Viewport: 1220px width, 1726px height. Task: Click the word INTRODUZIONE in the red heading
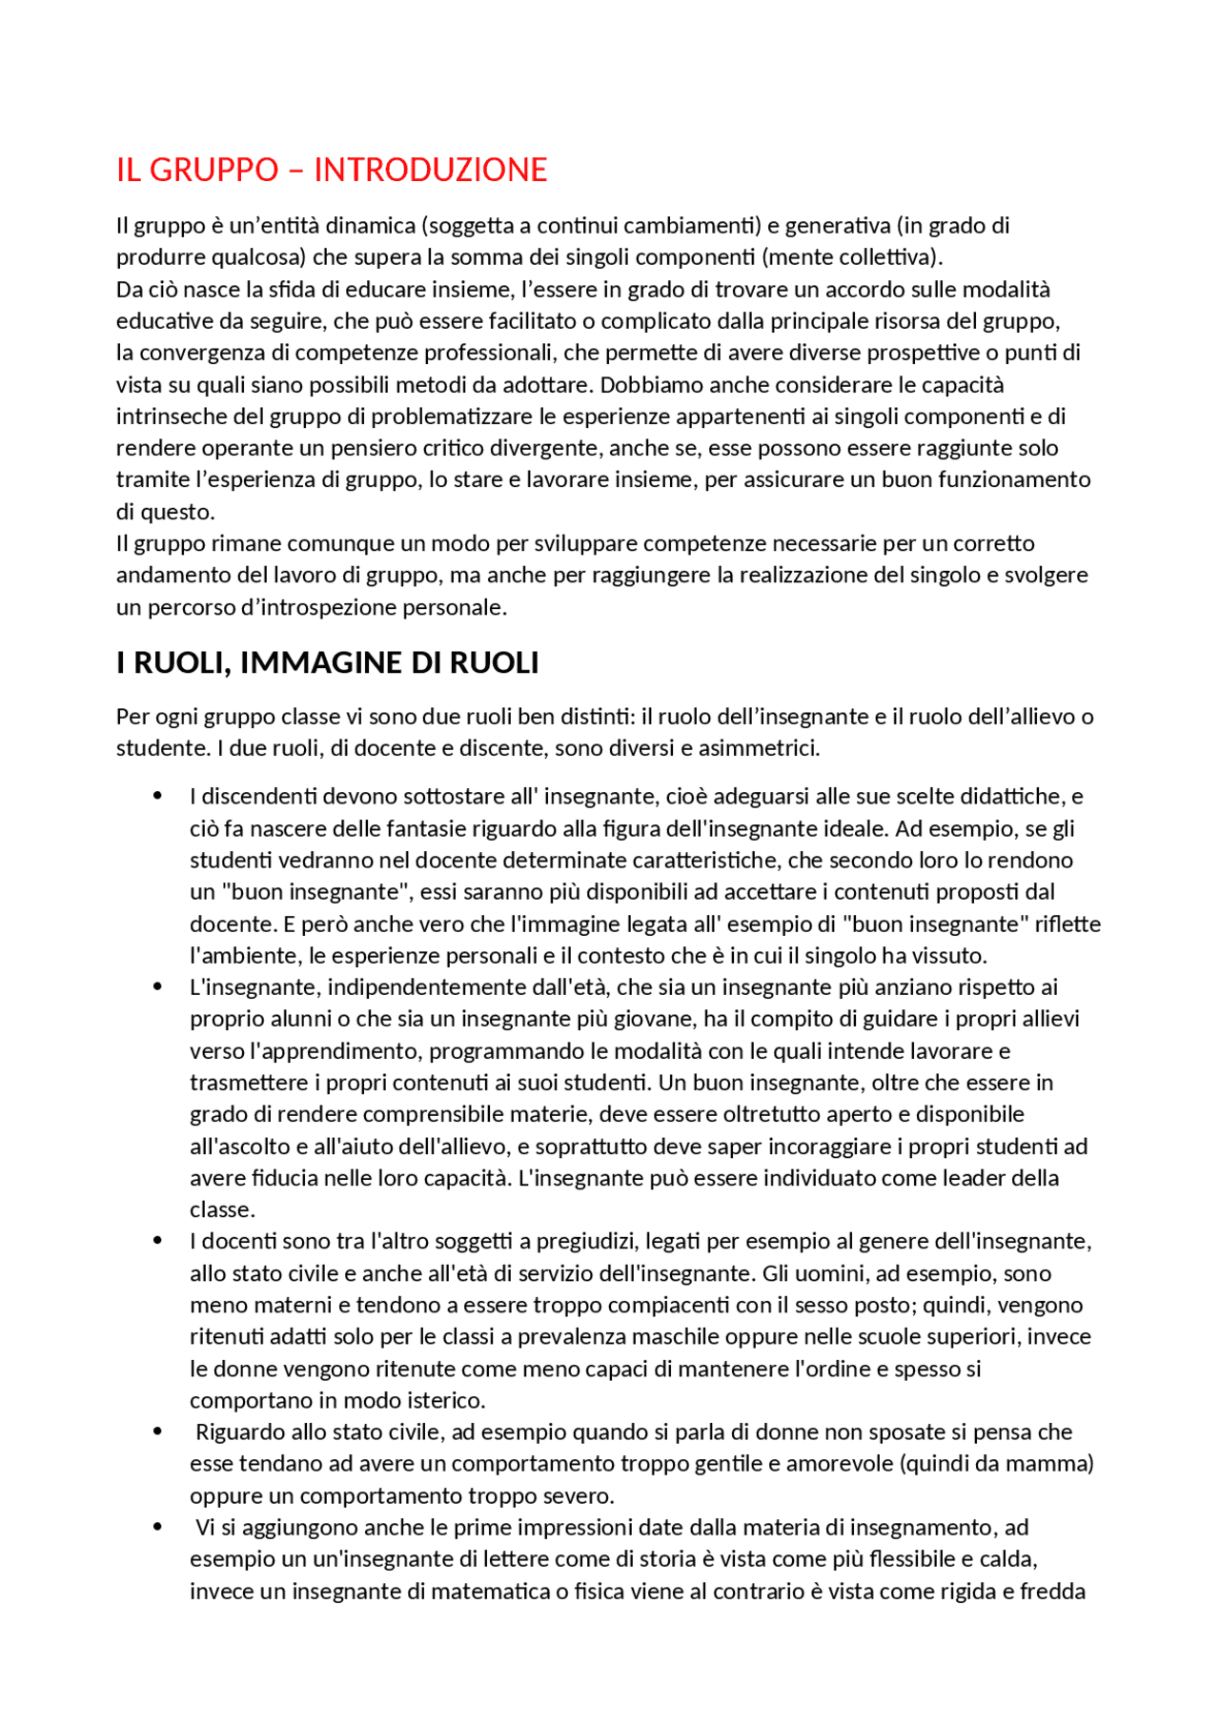pos(430,170)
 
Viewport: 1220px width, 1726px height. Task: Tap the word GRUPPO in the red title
pos(213,170)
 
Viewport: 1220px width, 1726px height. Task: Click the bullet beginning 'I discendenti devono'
pos(158,796)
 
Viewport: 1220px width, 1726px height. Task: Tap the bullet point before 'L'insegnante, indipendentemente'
pos(158,986)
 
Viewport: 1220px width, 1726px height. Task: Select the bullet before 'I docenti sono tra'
pos(158,1241)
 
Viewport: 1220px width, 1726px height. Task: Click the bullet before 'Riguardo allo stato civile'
pos(158,1432)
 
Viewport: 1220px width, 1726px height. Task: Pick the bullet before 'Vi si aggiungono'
pos(158,1527)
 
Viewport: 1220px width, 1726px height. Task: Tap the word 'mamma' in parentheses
pos(1056,1464)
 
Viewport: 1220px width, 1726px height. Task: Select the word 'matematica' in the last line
pos(479,1592)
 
